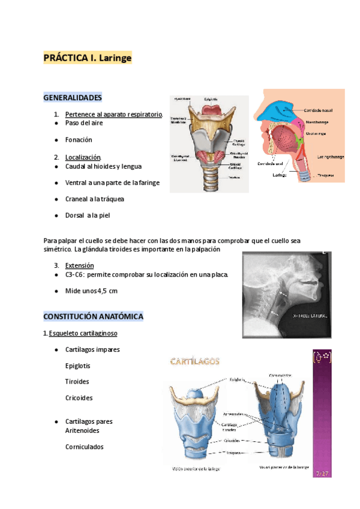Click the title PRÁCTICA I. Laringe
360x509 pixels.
tap(87, 58)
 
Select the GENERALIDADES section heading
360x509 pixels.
tap(73, 97)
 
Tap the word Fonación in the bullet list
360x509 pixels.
tap(79, 140)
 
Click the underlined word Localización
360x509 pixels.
tap(83, 157)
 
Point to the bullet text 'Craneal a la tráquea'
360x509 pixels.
tap(94, 199)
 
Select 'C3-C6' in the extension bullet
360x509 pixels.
tap(75, 274)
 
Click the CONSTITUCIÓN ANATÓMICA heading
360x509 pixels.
tap(93, 316)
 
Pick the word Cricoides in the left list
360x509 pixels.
tap(79, 398)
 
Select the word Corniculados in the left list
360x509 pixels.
tap(84, 447)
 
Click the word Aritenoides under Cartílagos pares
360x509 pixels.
tap(82, 430)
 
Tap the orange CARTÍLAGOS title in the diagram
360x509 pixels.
tap(195, 361)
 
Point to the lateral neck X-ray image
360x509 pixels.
tap(286, 294)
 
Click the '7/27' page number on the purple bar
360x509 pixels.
tap(322, 473)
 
